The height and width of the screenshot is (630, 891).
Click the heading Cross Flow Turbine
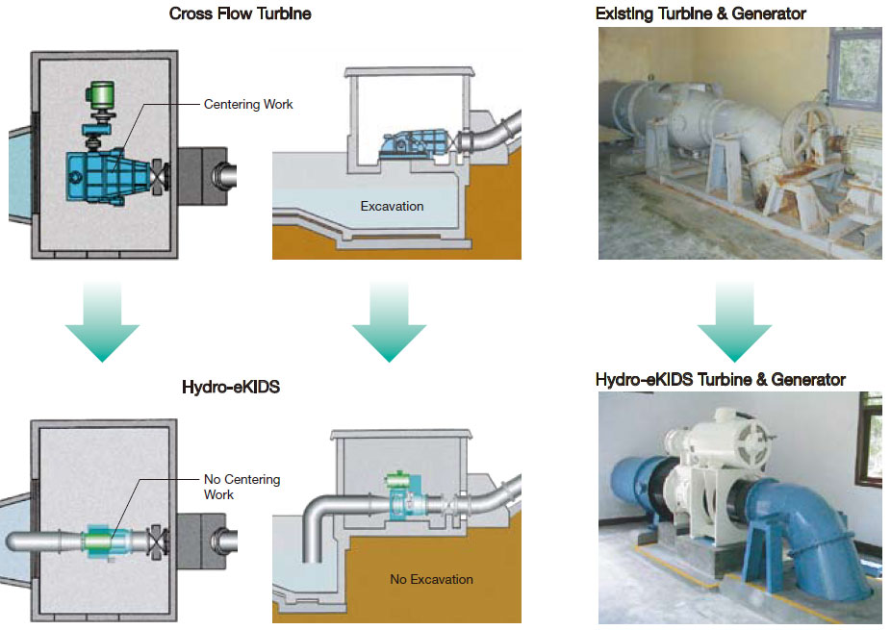[x=240, y=13]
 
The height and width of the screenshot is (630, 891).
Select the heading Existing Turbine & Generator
[x=700, y=13]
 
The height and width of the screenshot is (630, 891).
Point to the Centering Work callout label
[x=248, y=104]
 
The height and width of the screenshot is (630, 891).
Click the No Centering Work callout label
[x=242, y=486]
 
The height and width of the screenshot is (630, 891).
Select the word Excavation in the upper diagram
[x=392, y=206]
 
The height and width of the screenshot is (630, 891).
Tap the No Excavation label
[x=431, y=579]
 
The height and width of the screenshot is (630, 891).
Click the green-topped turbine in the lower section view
[x=398, y=494]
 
